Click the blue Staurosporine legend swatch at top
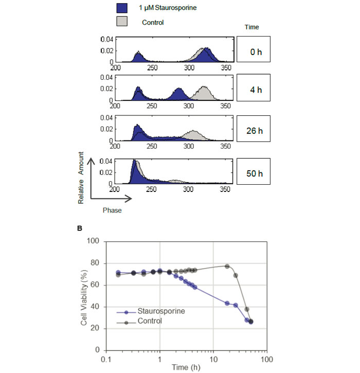[x=122, y=8]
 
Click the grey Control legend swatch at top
[x=122, y=21]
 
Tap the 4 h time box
[x=254, y=90]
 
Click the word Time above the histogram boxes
[x=251, y=27]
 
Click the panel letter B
[x=79, y=228]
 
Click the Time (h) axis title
[x=186, y=367]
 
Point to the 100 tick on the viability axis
[x=93, y=242]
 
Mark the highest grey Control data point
[x=227, y=266]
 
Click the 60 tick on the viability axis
[x=95, y=285]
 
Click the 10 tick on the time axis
[x=212, y=358]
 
